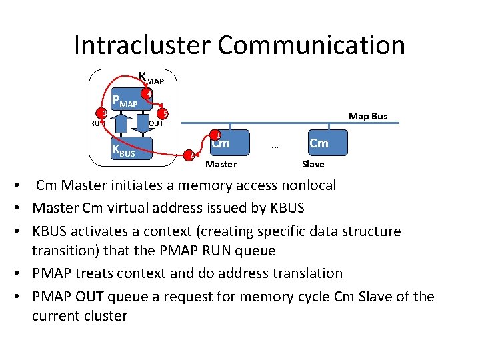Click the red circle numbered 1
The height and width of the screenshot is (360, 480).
[217, 134]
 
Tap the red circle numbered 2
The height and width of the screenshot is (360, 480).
[190, 155]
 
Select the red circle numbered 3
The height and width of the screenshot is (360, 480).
[104, 113]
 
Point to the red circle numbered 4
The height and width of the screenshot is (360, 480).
[149, 95]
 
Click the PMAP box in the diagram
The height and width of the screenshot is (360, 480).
[126, 103]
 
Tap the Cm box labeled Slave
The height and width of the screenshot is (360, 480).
[318, 143]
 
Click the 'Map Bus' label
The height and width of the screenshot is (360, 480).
[368, 116]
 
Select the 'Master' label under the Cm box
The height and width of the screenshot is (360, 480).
[221, 164]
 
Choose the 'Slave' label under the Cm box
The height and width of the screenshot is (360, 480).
[313, 164]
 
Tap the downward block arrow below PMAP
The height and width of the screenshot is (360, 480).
[142, 124]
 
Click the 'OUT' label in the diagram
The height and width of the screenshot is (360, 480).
[156, 124]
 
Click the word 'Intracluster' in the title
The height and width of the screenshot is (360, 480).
[142, 45]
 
